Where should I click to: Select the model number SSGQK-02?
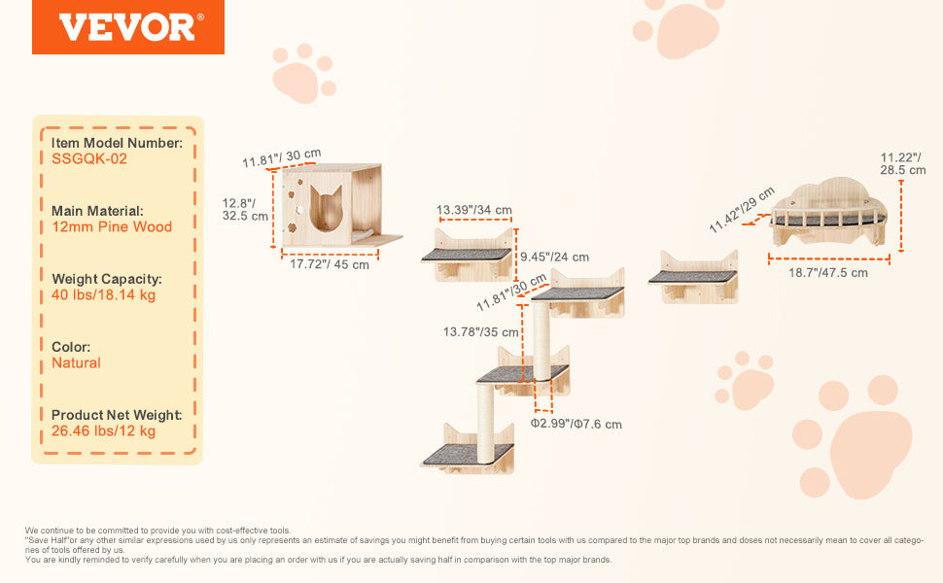[89, 159]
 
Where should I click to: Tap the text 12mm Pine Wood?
[112, 227]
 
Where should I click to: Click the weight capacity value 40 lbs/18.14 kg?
[103, 295]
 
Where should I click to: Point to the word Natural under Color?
[76, 363]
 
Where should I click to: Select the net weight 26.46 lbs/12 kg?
[103, 431]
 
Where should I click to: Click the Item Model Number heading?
[117, 143]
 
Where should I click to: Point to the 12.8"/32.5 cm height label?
[245, 209]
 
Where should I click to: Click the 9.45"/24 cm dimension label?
[554, 257]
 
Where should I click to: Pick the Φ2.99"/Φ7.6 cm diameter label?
[576, 424]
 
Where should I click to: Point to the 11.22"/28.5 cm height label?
[903, 163]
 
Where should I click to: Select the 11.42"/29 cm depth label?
[741, 209]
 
